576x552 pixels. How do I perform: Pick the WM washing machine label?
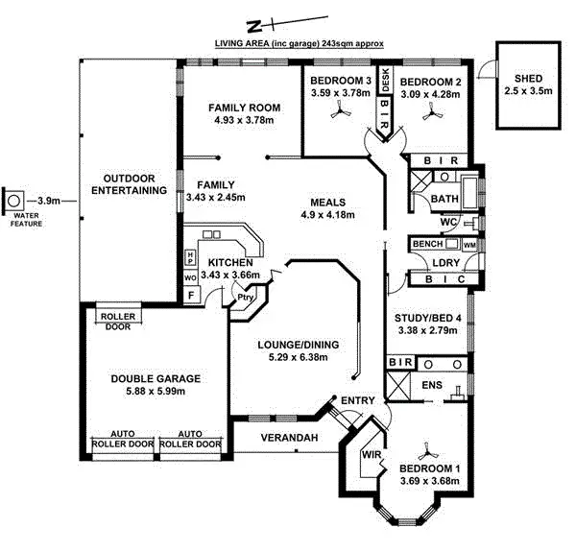pyautogui.click(x=468, y=246)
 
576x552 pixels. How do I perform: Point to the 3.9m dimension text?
pyautogui.click(x=50, y=201)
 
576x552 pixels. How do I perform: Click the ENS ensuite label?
pyautogui.click(x=431, y=384)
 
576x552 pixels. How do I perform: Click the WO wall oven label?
pyautogui.click(x=190, y=278)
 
